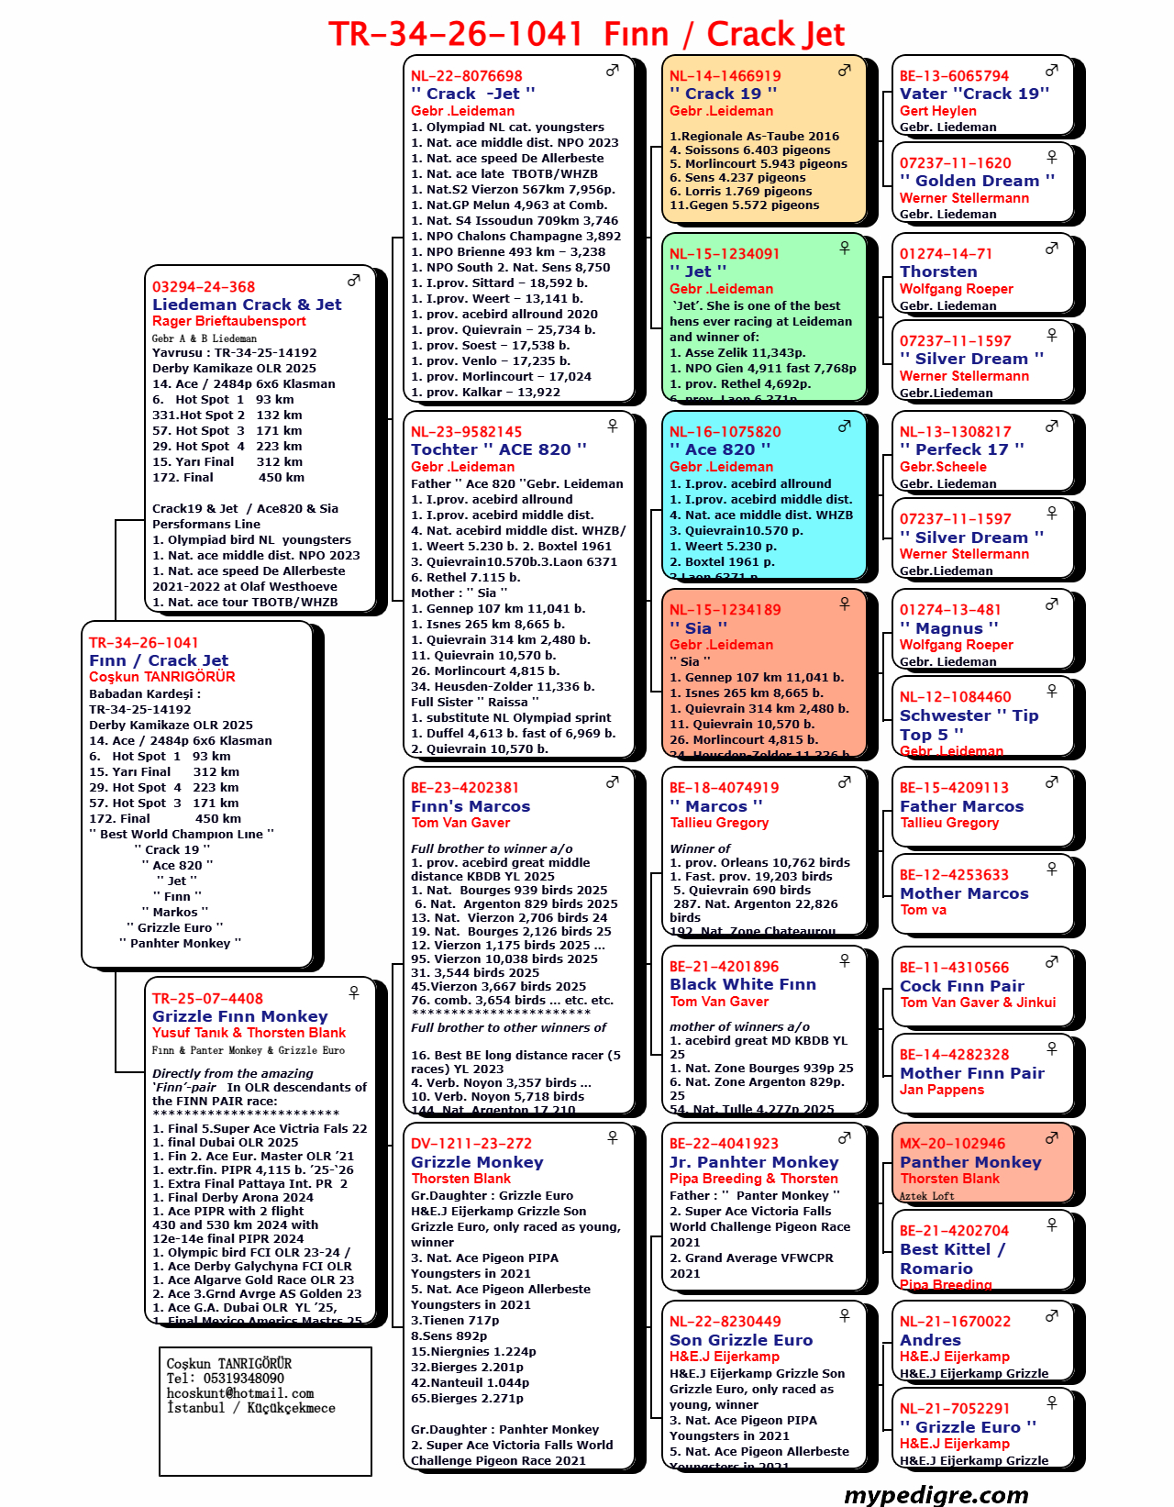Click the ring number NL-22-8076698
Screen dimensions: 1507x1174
[466, 76]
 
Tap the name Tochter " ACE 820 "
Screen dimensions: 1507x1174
[498, 449]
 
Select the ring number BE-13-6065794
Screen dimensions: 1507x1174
[954, 76]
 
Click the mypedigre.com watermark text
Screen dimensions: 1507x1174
[936, 1494]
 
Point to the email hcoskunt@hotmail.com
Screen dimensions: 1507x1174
[240, 1393]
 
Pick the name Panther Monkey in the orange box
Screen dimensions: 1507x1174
[970, 1162]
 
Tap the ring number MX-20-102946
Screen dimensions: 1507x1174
[952, 1144]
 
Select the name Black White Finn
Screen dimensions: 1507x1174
[742, 984]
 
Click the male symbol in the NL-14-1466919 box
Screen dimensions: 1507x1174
[844, 71]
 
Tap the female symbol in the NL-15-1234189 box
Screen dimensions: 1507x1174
[844, 604]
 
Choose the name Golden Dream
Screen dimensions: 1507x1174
[977, 181]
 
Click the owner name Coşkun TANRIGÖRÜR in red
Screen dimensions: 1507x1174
[161, 677]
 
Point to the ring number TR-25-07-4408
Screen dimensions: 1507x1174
[207, 999]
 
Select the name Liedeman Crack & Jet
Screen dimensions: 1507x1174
[247, 305]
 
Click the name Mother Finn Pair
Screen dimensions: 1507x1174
[972, 1073]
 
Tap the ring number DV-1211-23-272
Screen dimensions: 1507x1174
[471, 1144]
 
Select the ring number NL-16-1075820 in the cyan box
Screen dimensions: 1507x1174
[725, 432]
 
